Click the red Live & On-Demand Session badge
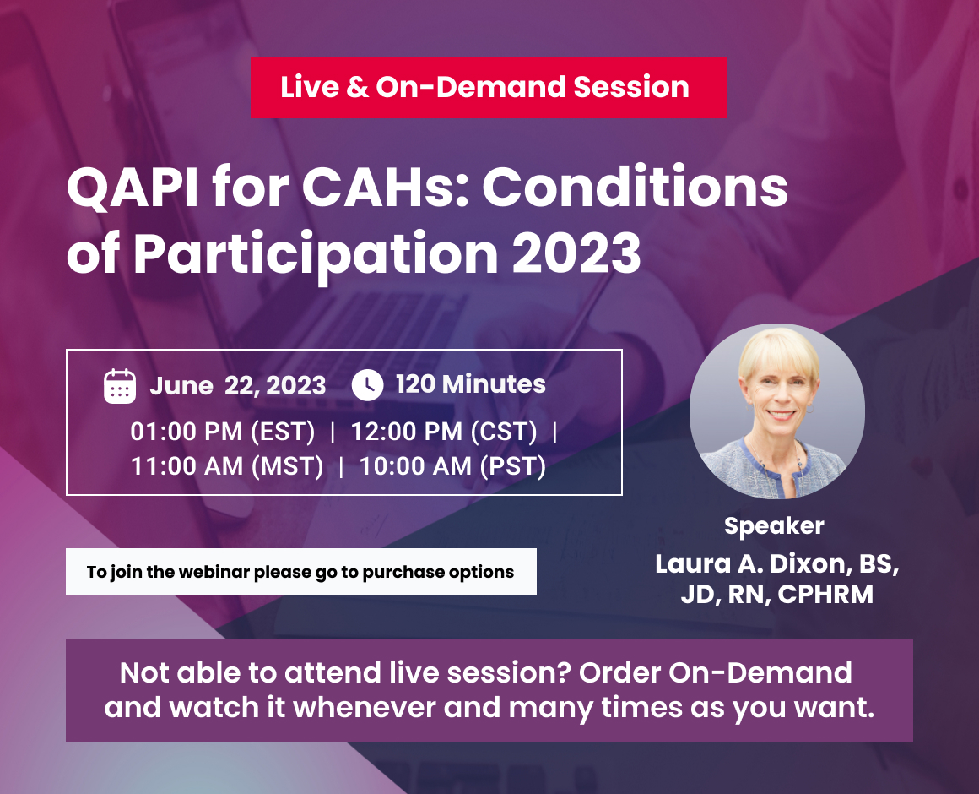click(488, 87)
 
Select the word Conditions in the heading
click(635, 191)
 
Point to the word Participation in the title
click(316, 252)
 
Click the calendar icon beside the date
click(120, 386)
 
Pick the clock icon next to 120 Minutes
click(367, 385)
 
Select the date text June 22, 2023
click(237, 386)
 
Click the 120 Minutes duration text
click(471, 385)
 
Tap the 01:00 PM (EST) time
click(222, 432)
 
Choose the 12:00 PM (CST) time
click(444, 432)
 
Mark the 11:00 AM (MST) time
click(227, 466)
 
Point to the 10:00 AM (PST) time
click(452, 466)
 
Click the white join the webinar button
click(300, 572)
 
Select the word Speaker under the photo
click(774, 526)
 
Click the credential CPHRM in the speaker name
click(825, 594)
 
